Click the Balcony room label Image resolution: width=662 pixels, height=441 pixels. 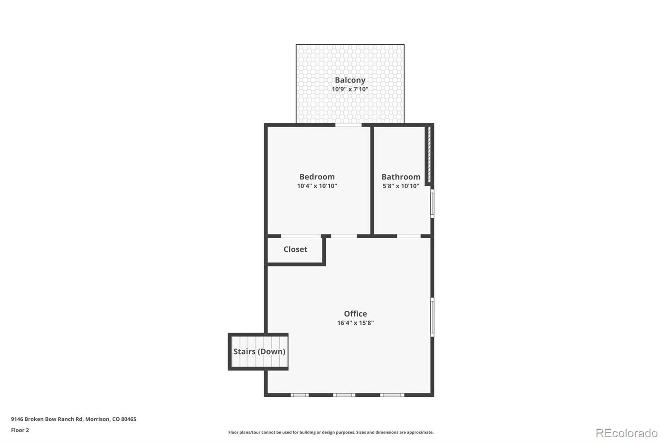pyautogui.click(x=350, y=80)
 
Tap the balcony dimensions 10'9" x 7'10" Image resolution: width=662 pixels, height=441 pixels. pyautogui.click(x=350, y=89)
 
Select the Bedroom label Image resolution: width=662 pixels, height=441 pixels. pyautogui.click(x=317, y=177)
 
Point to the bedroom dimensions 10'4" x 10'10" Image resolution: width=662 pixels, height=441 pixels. pyautogui.click(x=317, y=186)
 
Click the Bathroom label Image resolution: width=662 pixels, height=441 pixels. pyautogui.click(x=401, y=177)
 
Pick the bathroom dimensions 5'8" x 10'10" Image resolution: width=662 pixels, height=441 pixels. pyautogui.click(x=401, y=186)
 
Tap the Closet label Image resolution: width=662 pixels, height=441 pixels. pyautogui.click(x=295, y=249)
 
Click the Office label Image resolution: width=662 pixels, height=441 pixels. pyautogui.click(x=355, y=314)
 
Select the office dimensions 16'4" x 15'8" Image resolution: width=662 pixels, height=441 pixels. pyautogui.click(x=355, y=323)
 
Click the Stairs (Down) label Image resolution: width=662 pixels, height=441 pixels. pyautogui.click(x=259, y=351)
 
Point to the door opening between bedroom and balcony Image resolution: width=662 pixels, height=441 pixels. pyautogui.click(x=348, y=125)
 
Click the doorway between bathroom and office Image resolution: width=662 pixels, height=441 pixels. pyautogui.click(x=409, y=236)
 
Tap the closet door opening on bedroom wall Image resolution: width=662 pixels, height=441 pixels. pyautogui.click(x=301, y=236)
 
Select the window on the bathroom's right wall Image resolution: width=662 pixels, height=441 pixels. pyautogui.click(x=432, y=203)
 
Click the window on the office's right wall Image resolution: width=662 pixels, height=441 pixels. pyautogui.click(x=432, y=317)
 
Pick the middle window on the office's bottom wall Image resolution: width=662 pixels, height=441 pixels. pyautogui.click(x=344, y=395)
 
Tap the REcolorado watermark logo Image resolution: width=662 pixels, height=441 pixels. pyautogui.click(x=626, y=433)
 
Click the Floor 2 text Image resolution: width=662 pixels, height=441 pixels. pyautogui.click(x=20, y=430)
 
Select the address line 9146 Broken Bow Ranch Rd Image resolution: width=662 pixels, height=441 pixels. pyautogui.click(x=74, y=419)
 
